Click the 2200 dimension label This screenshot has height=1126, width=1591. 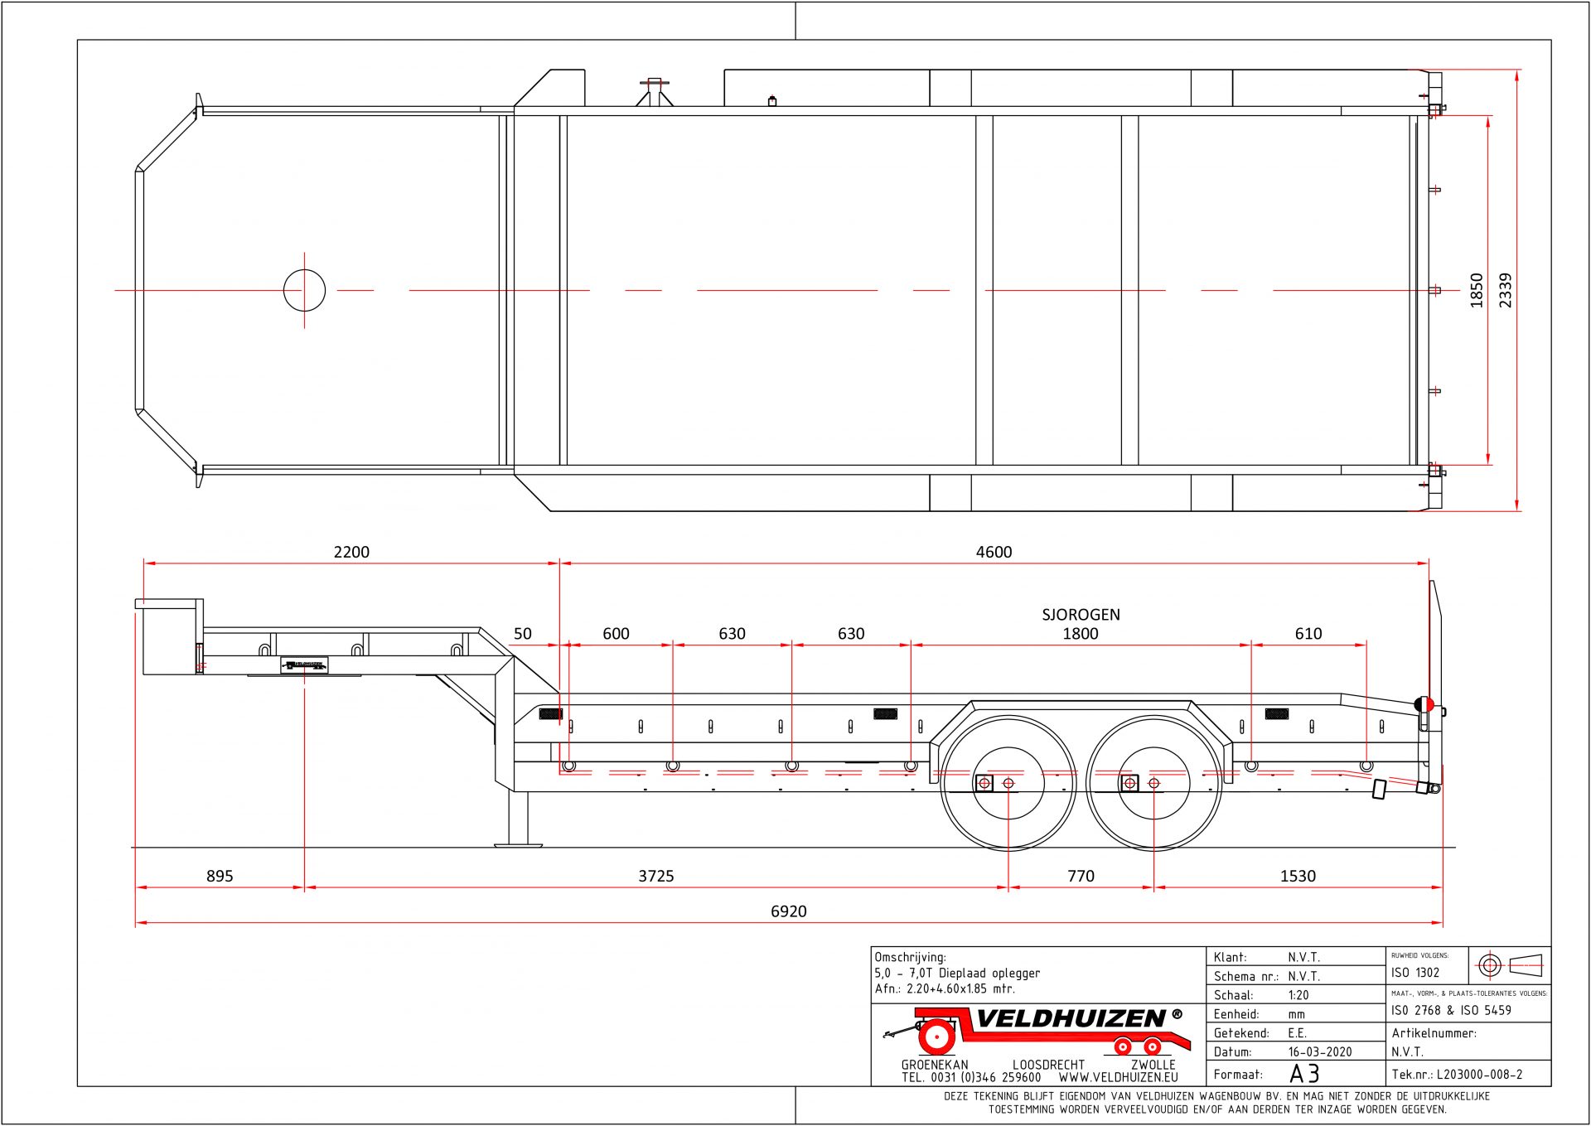[351, 552]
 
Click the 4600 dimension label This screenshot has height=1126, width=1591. [994, 552]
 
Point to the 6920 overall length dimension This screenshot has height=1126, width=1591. [788, 911]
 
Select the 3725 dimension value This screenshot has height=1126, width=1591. [655, 876]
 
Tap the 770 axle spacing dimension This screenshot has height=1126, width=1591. [1081, 876]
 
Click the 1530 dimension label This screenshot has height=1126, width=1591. [1298, 876]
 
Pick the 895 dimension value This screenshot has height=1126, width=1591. [220, 876]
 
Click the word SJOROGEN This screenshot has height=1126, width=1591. [1081, 615]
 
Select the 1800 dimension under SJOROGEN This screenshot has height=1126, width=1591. [1081, 634]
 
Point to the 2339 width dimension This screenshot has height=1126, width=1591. [1506, 290]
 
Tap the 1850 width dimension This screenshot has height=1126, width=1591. [1477, 290]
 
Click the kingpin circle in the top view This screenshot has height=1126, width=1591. [304, 290]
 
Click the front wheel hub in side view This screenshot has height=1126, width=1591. [1008, 783]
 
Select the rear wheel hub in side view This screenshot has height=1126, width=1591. [1153, 783]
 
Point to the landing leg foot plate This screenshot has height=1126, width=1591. [518, 844]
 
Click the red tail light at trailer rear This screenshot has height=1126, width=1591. [1427, 704]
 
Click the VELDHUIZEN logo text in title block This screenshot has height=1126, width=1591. [1071, 1018]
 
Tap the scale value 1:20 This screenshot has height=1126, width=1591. [1298, 995]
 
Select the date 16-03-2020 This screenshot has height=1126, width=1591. [1319, 1051]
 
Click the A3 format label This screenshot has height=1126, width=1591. [1304, 1074]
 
